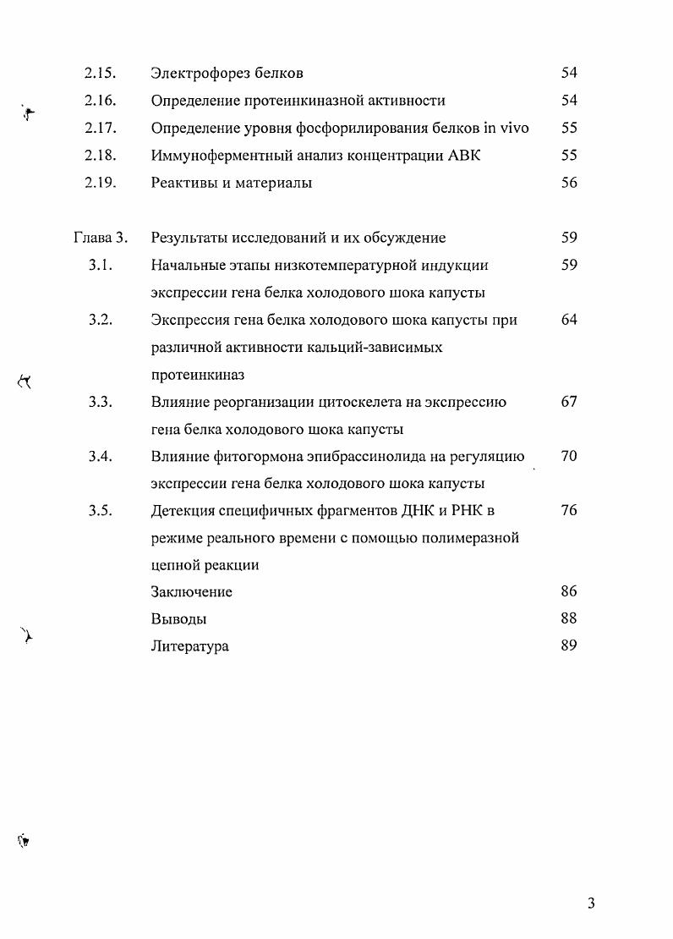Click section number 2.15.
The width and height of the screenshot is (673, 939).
[100, 74]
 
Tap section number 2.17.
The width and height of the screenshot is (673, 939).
[100, 129]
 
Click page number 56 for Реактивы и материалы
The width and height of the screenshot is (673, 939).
[569, 183]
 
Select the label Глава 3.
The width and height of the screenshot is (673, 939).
[100, 238]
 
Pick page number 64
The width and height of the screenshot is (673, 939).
[569, 320]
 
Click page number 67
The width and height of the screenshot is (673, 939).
[569, 402]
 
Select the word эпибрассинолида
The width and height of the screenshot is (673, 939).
[365, 457]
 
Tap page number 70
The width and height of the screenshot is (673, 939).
[569, 457]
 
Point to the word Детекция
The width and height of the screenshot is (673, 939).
[183, 511]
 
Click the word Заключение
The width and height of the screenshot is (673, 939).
[191, 592]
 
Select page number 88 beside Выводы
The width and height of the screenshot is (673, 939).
[569, 618]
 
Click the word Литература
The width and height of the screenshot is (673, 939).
[189, 646]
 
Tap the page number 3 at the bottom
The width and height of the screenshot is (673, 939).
[591, 903]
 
